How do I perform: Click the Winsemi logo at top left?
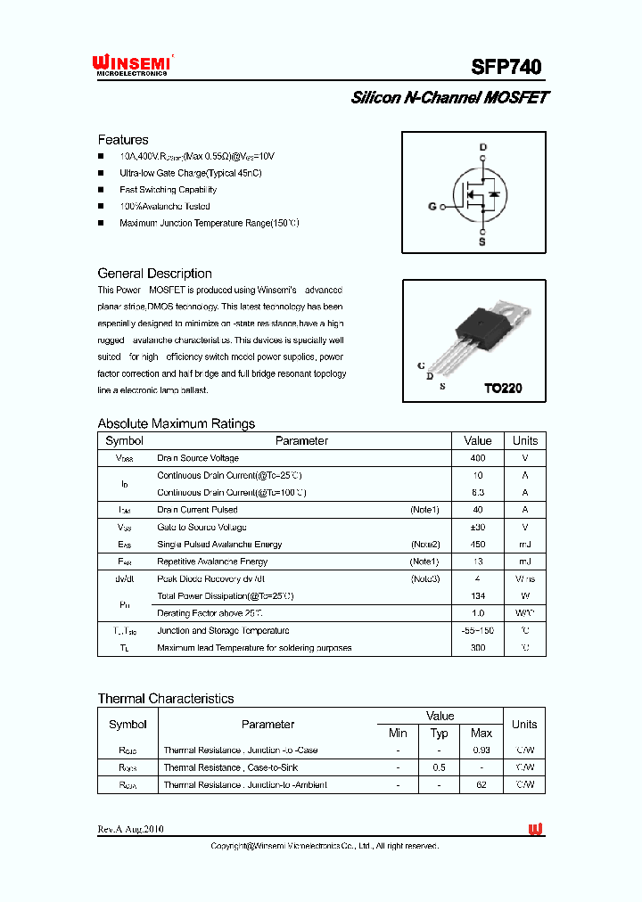(x=132, y=64)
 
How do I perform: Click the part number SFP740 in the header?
(x=506, y=67)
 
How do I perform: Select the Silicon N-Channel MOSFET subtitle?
(x=449, y=98)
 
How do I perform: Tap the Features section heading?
(x=123, y=140)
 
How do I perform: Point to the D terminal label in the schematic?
(x=482, y=147)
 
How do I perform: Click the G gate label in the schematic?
(x=432, y=206)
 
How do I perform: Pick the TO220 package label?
(x=503, y=389)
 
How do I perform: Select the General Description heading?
(x=154, y=274)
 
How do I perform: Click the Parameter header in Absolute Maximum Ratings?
(x=301, y=440)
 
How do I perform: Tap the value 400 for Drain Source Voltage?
(x=478, y=458)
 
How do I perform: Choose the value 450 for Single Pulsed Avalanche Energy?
(x=478, y=545)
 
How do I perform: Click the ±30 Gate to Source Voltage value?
(x=478, y=527)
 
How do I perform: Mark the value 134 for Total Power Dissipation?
(x=478, y=596)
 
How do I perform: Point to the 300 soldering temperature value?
(x=478, y=648)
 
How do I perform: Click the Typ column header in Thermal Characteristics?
(x=440, y=733)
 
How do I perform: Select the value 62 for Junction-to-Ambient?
(x=481, y=784)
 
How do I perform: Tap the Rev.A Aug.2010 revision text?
(x=130, y=829)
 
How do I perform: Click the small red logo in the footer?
(x=535, y=830)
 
